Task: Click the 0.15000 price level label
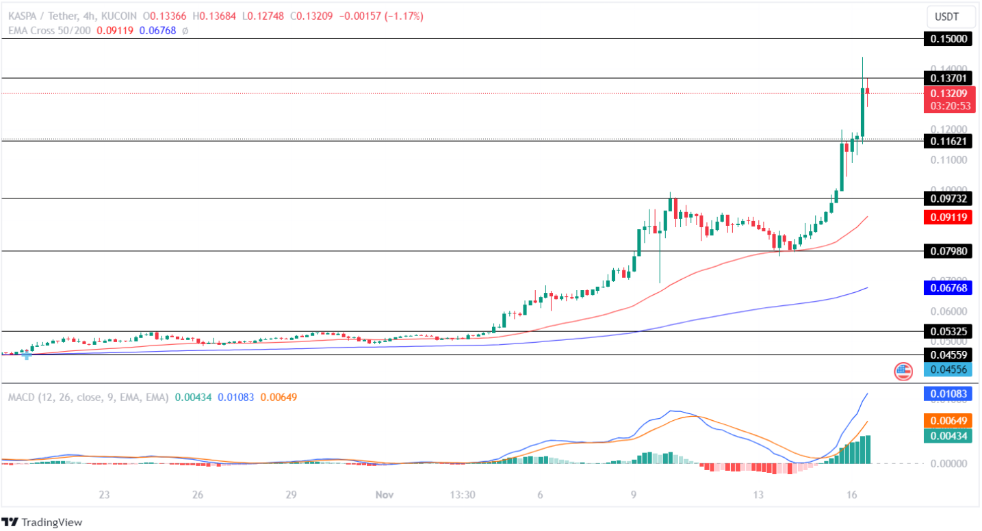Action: click(x=948, y=39)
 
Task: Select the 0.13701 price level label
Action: click(x=948, y=78)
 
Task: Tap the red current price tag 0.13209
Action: click(x=948, y=93)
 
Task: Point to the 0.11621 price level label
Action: click(x=948, y=141)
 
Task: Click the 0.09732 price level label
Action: click(x=948, y=198)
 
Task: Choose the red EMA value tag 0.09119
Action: click(x=948, y=218)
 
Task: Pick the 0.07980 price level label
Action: click(x=948, y=251)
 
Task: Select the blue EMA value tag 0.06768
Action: click(x=948, y=288)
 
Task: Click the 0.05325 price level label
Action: click(x=948, y=332)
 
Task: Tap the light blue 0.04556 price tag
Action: click(x=948, y=370)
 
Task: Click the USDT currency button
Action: click(x=948, y=16)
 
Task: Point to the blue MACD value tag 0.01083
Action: click(x=948, y=394)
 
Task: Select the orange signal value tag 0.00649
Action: click(x=948, y=421)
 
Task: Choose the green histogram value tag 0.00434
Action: click(x=948, y=435)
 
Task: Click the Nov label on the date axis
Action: click(x=383, y=495)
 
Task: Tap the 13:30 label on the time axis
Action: click(x=462, y=495)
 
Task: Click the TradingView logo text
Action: click(x=51, y=522)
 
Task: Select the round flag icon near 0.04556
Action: click(x=903, y=372)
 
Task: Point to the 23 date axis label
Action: click(x=104, y=495)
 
